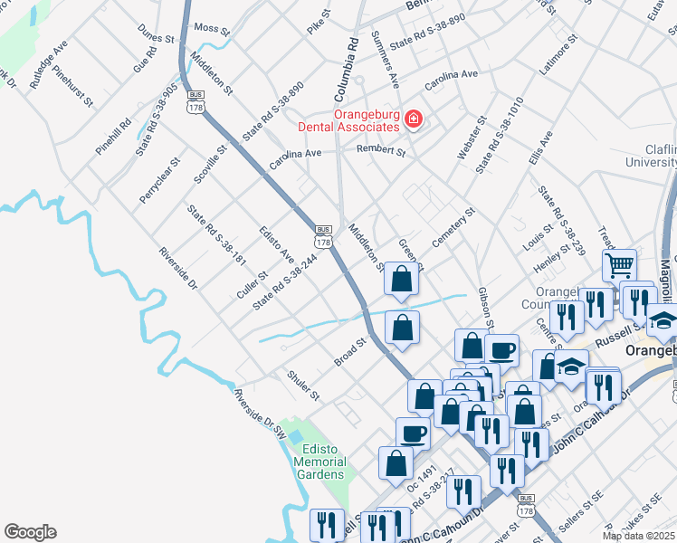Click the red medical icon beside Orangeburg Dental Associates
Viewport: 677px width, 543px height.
coord(414,119)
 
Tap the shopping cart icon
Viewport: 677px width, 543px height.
coord(620,265)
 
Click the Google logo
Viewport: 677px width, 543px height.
coord(29,532)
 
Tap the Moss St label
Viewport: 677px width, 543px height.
coord(212,29)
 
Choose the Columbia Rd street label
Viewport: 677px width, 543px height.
coord(347,69)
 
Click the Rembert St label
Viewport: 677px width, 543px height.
coord(380,150)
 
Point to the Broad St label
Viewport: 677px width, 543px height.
coord(348,353)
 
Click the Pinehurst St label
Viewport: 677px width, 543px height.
coord(72,86)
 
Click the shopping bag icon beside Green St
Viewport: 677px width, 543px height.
coord(401,280)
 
